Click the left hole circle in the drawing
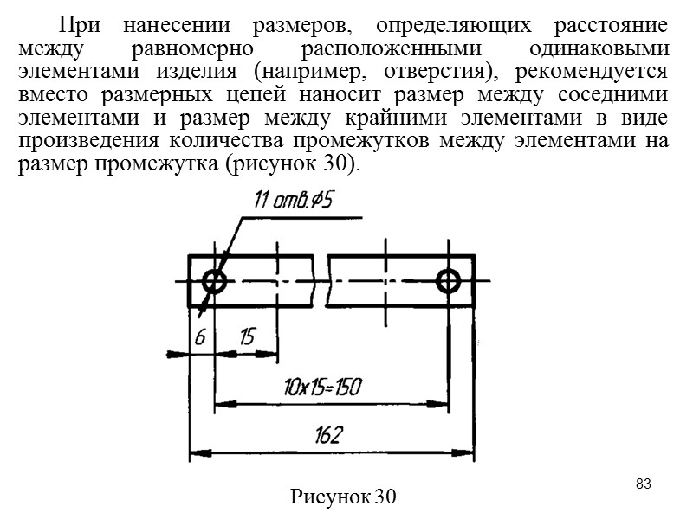pyautogui.click(x=213, y=280)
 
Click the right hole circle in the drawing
pyautogui.click(x=449, y=280)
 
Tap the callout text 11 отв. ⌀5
pyautogui.click(x=295, y=202)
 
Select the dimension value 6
pyautogui.click(x=199, y=337)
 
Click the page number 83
pyautogui.click(x=643, y=482)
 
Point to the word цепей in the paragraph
pyautogui.click(x=290, y=93)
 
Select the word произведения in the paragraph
pyautogui.click(x=78, y=142)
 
